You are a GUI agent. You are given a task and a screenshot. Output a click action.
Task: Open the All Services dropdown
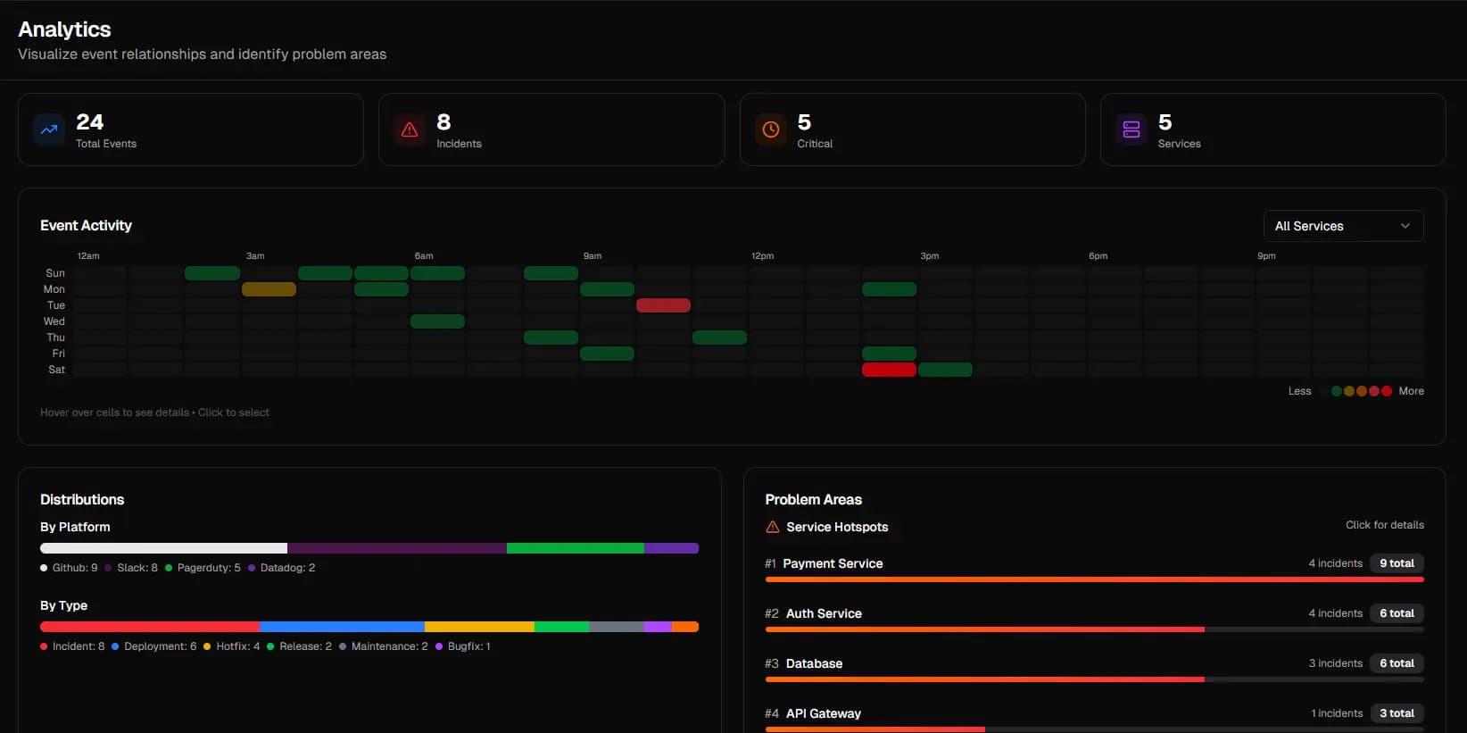[x=1343, y=226]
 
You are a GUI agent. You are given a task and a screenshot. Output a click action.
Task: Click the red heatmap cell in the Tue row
[x=663, y=305]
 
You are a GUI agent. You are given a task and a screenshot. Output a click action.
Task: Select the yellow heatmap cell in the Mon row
[x=269, y=289]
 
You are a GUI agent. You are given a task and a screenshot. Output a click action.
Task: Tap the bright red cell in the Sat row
[x=889, y=370]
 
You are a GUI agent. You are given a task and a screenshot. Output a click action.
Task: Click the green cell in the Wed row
[x=437, y=321]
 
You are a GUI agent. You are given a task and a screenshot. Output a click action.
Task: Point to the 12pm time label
[x=762, y=256]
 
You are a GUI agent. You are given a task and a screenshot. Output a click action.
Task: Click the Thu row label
[x=55, y=337]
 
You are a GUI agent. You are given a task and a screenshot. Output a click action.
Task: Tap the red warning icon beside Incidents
[x=410, y=129]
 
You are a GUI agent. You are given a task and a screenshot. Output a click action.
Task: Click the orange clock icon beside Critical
[x=771, y=129]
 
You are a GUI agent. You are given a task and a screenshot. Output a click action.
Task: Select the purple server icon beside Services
[x=1131, y=129]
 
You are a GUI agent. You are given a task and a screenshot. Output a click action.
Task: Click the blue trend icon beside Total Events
[x=49, y=129]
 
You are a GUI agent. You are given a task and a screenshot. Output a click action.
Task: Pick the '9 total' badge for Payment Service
[x=1397, y=563]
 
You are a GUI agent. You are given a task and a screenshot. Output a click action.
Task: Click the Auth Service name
[x=824, y=613]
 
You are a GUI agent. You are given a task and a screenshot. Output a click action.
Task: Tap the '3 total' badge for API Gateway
[x=1397, y=713]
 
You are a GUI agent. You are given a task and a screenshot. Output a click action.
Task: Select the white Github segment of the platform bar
[x=163, y=548]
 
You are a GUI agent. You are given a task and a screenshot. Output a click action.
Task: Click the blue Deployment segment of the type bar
[x=342, y=627]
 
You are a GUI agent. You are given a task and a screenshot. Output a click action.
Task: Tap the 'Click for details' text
[x=1385, y=525]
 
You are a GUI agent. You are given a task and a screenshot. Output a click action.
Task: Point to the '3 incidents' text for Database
[x=1335, y=663]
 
